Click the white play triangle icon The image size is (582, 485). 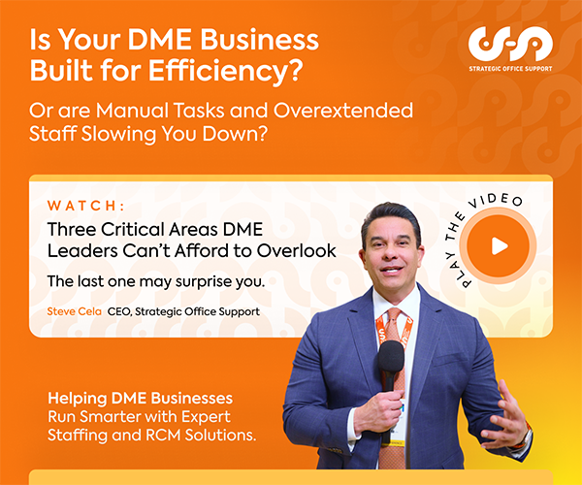500,246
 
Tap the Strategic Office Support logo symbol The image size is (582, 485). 510,44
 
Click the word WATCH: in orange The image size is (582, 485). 85,206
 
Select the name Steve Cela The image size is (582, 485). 75,311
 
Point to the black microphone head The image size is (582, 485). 391,356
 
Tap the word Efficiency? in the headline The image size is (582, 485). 226,70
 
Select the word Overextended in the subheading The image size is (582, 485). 343,111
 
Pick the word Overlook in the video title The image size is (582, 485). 296,251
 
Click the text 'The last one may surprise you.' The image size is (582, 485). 156,281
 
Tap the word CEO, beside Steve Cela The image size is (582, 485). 119,311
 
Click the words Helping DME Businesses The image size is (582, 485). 140,398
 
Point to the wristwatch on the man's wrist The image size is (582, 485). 525,436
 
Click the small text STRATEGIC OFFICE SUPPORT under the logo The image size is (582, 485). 510,69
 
